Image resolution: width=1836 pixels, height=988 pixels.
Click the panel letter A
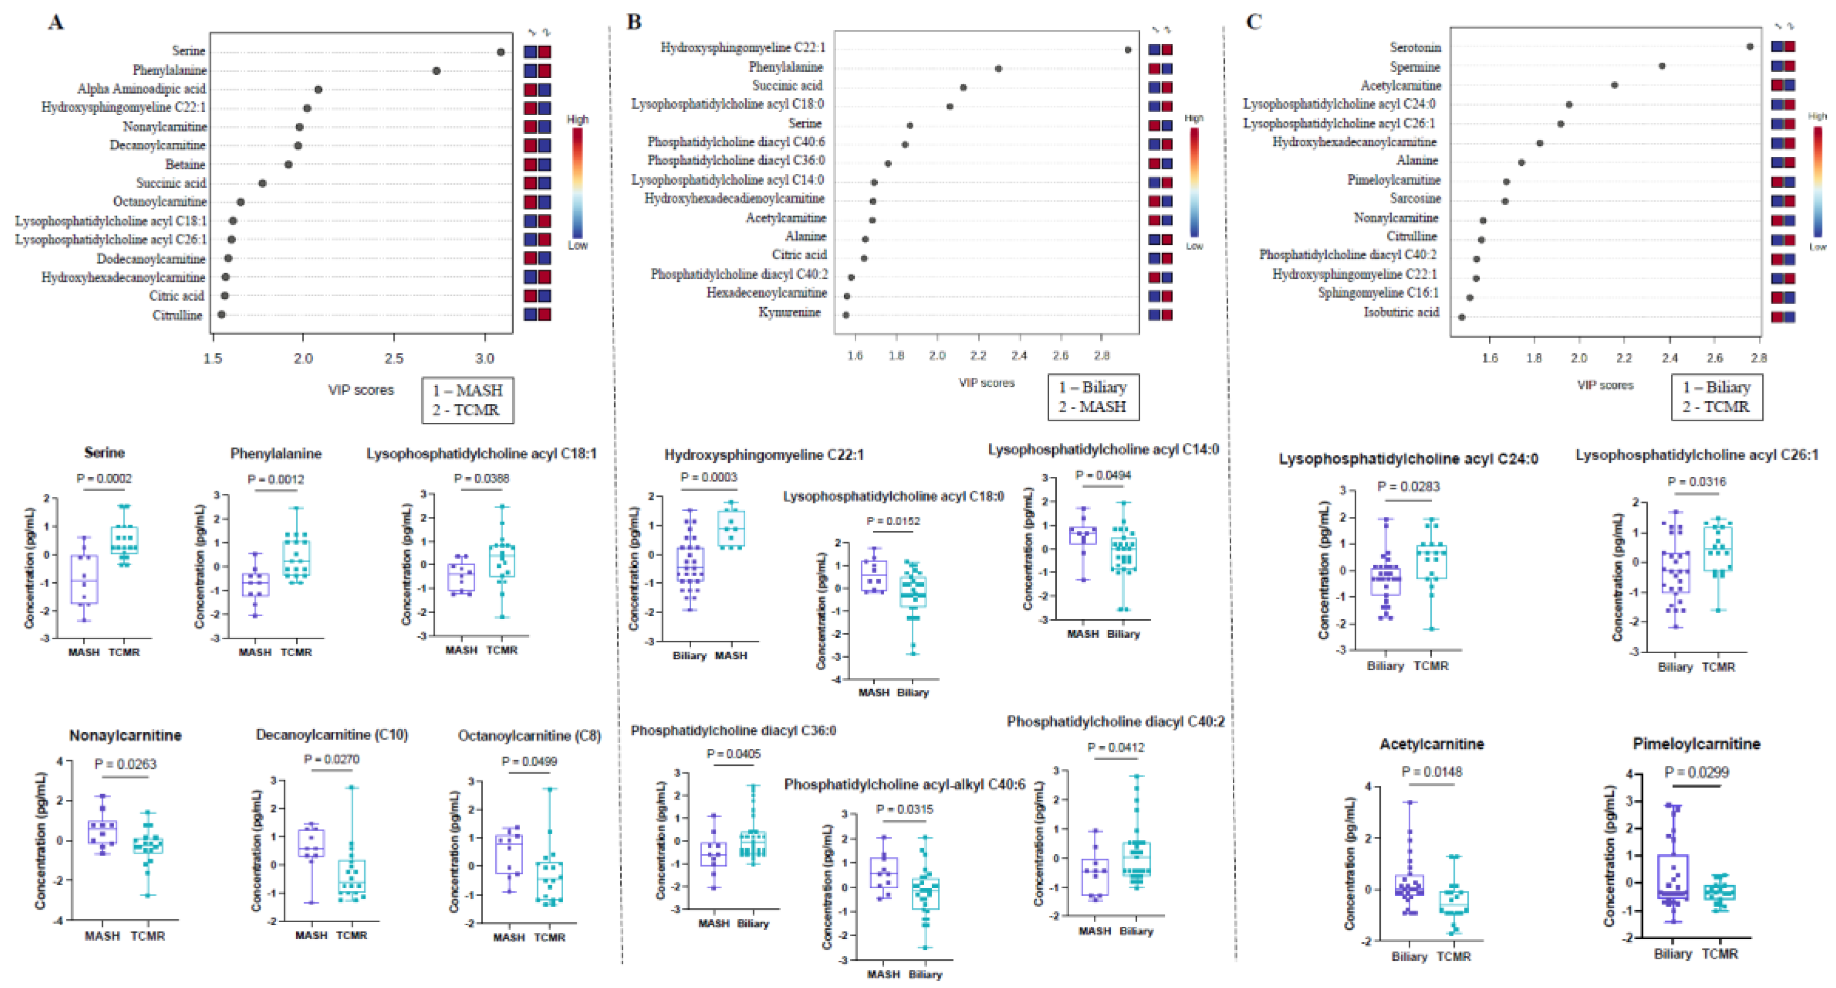click(56, 23)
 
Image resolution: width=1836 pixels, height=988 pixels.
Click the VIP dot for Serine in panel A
click(500, 52)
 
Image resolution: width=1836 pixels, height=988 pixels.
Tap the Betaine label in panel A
click(185, 165)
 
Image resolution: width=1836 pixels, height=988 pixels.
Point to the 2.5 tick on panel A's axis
click(394, 358)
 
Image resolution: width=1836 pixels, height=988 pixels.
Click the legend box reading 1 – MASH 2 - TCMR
click(467, 400)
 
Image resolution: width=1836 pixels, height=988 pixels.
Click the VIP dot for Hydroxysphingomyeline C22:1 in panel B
click(1127, 50)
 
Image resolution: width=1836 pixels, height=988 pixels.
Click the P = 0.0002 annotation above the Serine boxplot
click(104, 479)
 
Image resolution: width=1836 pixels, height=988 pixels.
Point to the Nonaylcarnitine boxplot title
click(125, 735)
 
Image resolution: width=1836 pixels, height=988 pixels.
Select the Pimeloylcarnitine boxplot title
click(1696, 744)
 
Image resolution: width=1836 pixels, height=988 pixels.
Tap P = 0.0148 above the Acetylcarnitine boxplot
click(1431, 772)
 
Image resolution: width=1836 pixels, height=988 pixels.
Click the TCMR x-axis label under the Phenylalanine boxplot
click(296, 652)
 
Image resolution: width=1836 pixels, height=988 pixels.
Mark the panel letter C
click(1254, 22)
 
